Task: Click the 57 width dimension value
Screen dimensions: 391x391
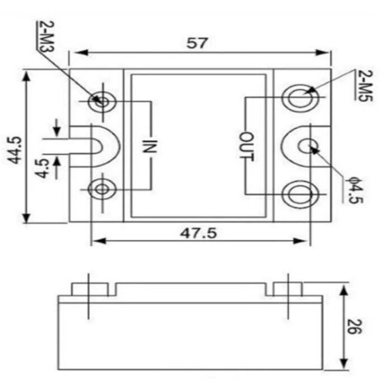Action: tap(197, 43)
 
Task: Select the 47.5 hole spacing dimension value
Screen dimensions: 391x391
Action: tap(199, 233)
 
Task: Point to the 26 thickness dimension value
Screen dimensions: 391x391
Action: tap(355, 326)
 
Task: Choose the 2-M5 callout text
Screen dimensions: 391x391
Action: tap(366, 85)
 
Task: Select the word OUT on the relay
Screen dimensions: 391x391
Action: tap(247, 147)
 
